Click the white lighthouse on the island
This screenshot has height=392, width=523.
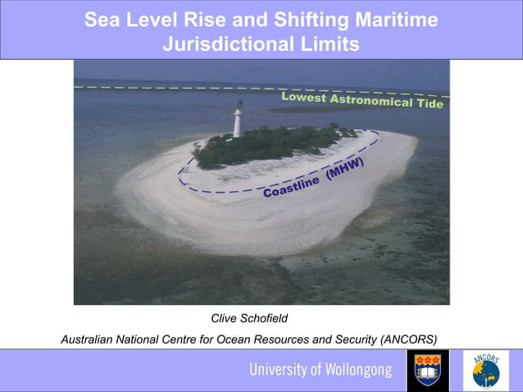point(238,119)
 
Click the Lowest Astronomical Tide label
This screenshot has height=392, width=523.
point(362,100)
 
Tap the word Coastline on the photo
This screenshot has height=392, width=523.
point(292,188)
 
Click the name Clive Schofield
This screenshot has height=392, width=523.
point(249,318)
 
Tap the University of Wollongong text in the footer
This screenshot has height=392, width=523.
point(321,371)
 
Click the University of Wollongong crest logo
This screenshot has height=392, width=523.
point(428,371)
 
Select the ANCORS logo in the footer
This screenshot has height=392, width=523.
point(485,371)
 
